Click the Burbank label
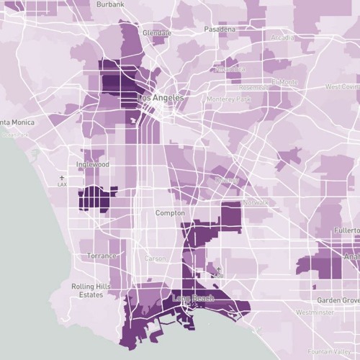(x=109, y=4)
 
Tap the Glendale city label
(x=156, y=33)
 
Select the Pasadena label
(x=219, y=30)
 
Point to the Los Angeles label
(x=159, y=97)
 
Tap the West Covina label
(x=342, y=86)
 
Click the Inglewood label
(x=92, y=164)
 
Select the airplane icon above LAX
(x=61, y=177)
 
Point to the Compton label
(x=170, y=213)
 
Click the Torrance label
(x=102, y=256)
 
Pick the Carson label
(x=155, y=258)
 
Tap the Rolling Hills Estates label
(x=91, y=290)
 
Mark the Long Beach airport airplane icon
(x=219, y=269)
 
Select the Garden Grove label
(x=339, y=299)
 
